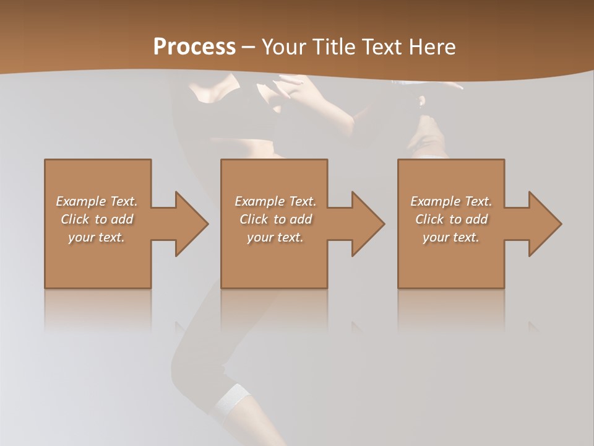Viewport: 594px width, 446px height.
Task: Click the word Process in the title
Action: coord(194,47)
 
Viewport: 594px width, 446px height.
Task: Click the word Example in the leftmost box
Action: coord(81,201)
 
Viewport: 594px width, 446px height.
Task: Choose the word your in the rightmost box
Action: coord(436,237)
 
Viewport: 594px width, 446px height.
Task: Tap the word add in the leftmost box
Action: coord(122,219)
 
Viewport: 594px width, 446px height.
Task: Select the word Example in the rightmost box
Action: coord(436,201)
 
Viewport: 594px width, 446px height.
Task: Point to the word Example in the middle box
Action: coord(260,201)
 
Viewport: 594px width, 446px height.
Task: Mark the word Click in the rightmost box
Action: coord(430,219)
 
